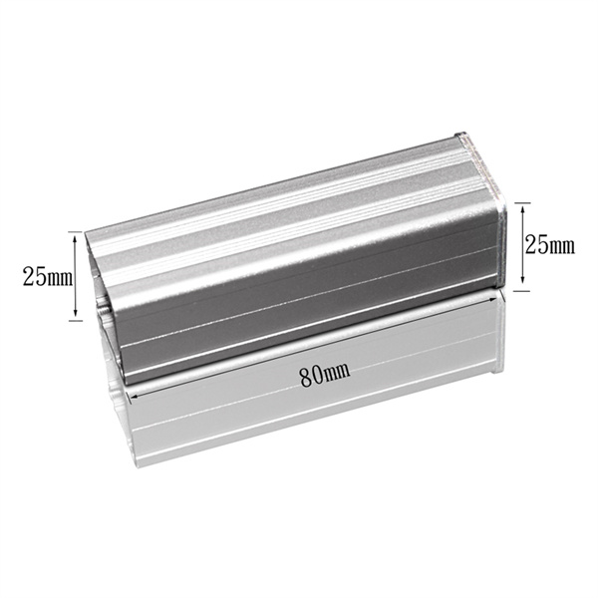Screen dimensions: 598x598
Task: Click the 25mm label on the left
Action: tap(47, 277)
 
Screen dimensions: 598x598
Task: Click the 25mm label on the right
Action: tap(549, 244)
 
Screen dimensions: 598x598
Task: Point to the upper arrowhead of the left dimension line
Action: tap(75, 238)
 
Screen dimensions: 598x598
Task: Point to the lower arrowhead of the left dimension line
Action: tap(75, 312)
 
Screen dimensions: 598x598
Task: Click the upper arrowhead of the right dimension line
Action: tap(522, 208)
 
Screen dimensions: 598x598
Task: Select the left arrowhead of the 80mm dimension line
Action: tap(135, 397)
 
